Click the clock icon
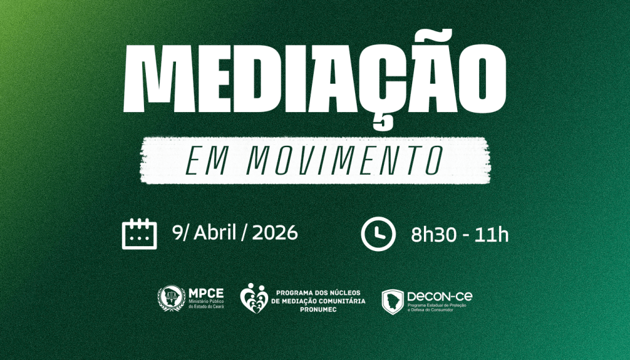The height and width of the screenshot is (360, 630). click(x=378, y=233)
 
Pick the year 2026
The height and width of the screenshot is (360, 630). click(x=275, y=233)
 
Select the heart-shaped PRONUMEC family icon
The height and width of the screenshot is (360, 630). click(x=253, y=298)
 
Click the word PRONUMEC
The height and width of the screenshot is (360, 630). click(x=320, y=309)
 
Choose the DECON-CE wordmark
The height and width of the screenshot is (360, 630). click(x=440, y=296)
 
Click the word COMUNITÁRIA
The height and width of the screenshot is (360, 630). click(x=340, y=300)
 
